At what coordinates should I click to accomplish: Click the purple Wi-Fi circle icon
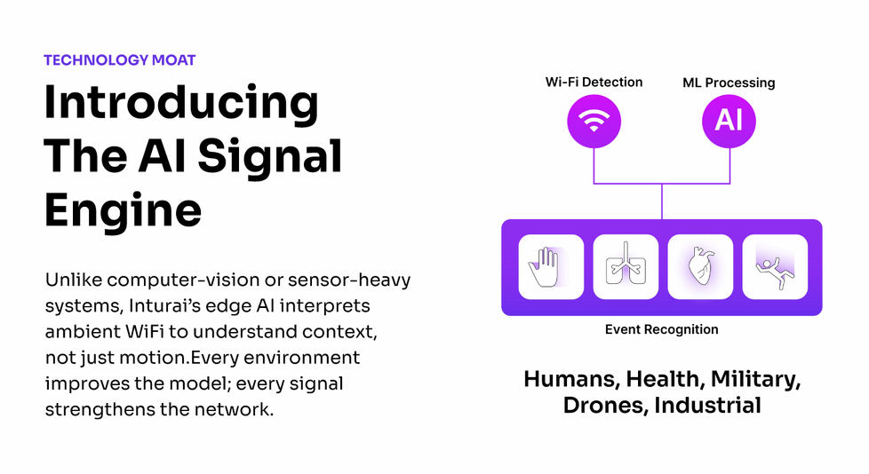click(594, 122)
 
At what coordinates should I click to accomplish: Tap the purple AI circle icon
click(729, 122)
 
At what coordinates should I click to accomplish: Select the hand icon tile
click(551, 267)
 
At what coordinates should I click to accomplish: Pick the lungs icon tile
click(626, 267)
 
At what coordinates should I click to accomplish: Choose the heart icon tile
click(700, 267)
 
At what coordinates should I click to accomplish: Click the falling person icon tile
click(775, 267)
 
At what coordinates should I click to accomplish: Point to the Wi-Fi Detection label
click(594, 82)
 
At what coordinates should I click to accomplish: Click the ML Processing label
click(729, 83)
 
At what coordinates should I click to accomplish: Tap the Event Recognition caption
click(662, 329)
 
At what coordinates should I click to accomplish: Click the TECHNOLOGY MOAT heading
click(120, 59)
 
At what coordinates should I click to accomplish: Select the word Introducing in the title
click(181, 104)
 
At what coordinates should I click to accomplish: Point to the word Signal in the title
click(270, 157)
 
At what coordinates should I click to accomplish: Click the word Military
click(755, 380)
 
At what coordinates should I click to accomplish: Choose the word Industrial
click(707, 405)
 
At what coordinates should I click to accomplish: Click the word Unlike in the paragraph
click(74, 280)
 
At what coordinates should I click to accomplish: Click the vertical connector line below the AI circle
click(729, 166)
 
